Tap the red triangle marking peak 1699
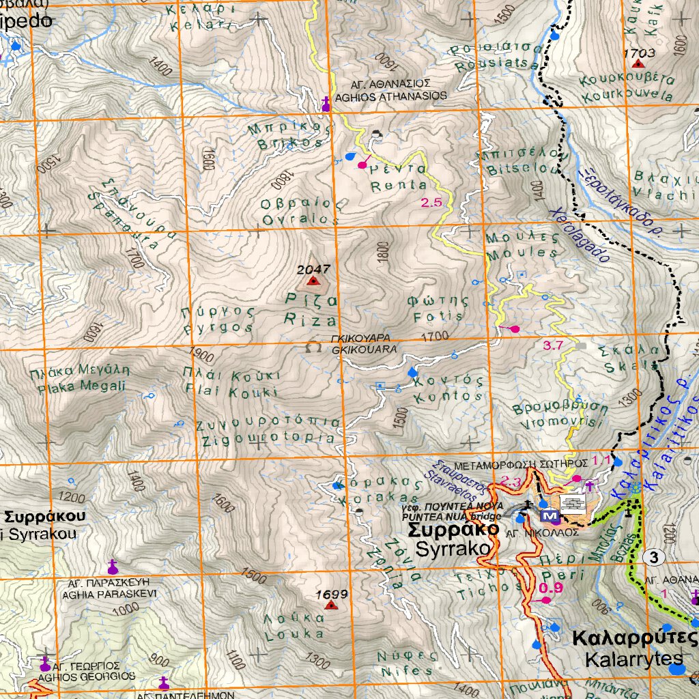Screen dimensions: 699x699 [x=331, y=605]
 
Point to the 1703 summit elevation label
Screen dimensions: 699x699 [x=640, y=52]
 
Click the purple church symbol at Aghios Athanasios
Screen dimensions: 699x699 [x=326, y=104]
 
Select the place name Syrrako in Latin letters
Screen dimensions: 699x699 [x=453, y=548]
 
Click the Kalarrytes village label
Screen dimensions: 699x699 [x=633, y=659]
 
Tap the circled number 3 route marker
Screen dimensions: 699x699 [x=654, y=558]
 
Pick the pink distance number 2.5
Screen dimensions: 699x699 [x=431, y=202]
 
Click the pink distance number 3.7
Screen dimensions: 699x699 [x=552, y=345]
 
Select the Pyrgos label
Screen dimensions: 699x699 [x=218, y=327]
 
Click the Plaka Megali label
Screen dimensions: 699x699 [x=79, y=386]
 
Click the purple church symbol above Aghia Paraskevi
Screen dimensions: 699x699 [x=113, y=567]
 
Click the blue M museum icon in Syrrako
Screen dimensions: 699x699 [x=547, y=515]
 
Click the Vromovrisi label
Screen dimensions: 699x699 [x=560, y=423]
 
